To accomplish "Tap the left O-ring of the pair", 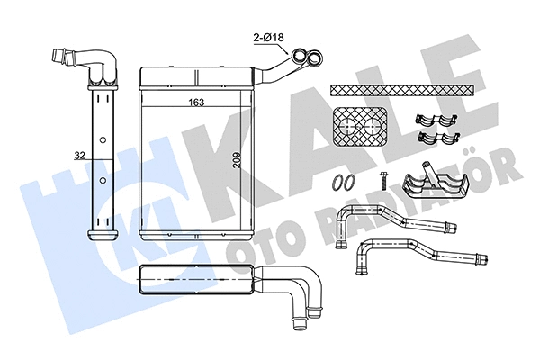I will point(337,183).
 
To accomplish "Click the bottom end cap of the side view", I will point(103,235).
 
